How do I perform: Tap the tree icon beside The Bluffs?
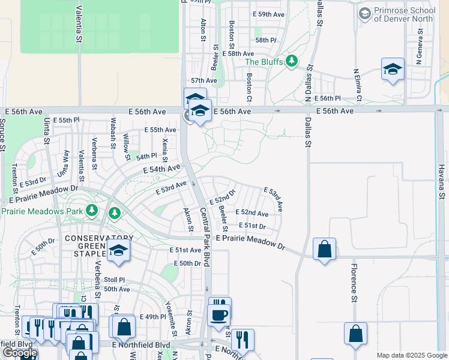coord(292,61)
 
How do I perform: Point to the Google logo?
coord(19,353)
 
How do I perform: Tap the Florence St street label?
coord(354,290)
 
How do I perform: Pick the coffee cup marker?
coord(218,314)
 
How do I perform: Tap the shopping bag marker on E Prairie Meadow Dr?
coord(324,249)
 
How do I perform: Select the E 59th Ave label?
coord(269,14)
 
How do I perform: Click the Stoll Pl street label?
coord(113,280)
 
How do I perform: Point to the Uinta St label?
coord(46,132)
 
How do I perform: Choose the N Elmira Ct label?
coord(358,85)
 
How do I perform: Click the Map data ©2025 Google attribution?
coord(412,355)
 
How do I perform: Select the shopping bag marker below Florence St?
coord(355,334)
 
